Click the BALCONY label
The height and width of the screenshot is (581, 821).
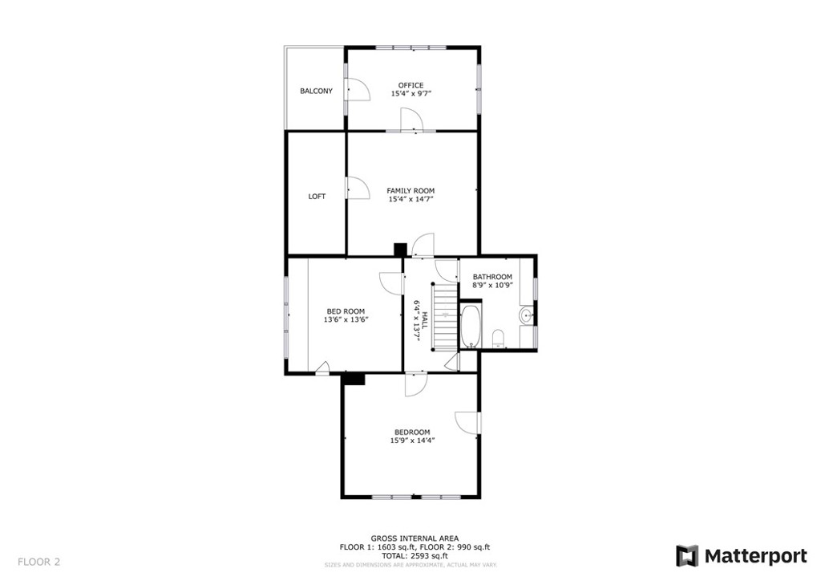[x=316, y=91]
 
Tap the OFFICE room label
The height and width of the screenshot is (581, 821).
[x=411, y=85]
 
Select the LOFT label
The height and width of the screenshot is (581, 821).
[x=317, y=197]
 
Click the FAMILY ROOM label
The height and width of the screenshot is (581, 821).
[x=411, y=191]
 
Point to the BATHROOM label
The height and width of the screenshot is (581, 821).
[x=493, y=277]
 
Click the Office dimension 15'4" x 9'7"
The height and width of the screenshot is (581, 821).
[x=411, y=94]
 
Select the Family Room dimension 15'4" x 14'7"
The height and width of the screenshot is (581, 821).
[x=411, y=199]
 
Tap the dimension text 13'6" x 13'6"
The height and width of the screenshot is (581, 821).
[x=346, y=319]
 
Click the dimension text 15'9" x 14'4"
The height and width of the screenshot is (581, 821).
[x=412, y=441]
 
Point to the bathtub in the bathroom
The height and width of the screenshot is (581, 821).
[x=470, y=327]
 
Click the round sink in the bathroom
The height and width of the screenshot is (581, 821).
[x=526, y=316]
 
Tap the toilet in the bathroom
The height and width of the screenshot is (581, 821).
[x=499, y=339]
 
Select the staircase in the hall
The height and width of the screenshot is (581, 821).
[x=444, y=316]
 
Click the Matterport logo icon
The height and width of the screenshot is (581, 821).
[x=687, y=556]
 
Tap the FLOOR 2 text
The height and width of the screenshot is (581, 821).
[x=38, y=562]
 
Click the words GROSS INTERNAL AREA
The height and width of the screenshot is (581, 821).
[x=415, y=538]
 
